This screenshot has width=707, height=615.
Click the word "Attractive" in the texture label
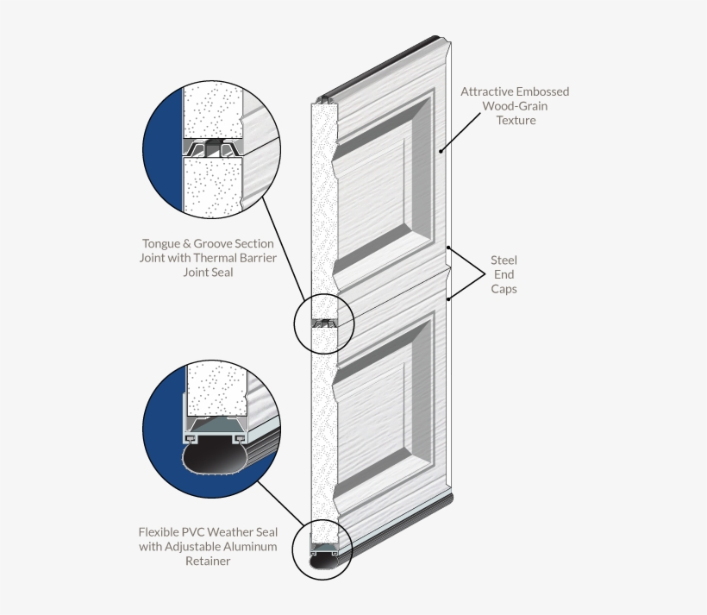(x=486, y=91)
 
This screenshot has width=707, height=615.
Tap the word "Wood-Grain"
(x=515, y=106)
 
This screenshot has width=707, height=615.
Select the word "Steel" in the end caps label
(x=504, y=260)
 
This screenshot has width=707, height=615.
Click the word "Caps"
(x=504, y=289)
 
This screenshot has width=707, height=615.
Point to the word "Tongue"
(x=161, y=244)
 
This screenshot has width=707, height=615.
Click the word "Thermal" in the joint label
(x=215, y=258)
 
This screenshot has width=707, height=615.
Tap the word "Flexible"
(x=159, y=532)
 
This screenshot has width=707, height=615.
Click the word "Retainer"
(x=208, y=562)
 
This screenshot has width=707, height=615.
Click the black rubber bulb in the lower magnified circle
(x=215, y=458)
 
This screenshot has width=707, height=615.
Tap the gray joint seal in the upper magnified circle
(x=213, y=148)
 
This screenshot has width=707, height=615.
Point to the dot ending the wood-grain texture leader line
(x=441, y=151)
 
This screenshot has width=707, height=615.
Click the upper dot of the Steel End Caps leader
(x=448, y=248)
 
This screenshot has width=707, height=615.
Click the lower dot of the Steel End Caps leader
(x=448, y=298)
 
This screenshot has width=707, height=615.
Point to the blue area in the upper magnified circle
(x=162, y=149)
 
